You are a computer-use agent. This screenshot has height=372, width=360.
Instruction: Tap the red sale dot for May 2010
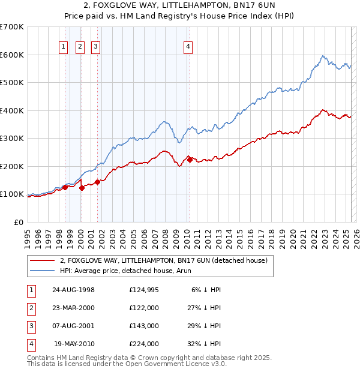pos(190,160)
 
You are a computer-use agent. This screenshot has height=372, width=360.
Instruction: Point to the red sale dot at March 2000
pos(82,188)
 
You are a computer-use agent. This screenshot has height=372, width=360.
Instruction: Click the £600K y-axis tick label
pos(12,55)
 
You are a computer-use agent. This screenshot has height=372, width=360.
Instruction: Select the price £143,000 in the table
pos(144,326)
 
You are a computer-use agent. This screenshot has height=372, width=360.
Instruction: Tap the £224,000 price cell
pos(144,344)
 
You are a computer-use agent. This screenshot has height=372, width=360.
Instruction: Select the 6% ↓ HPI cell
pos(207,290)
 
